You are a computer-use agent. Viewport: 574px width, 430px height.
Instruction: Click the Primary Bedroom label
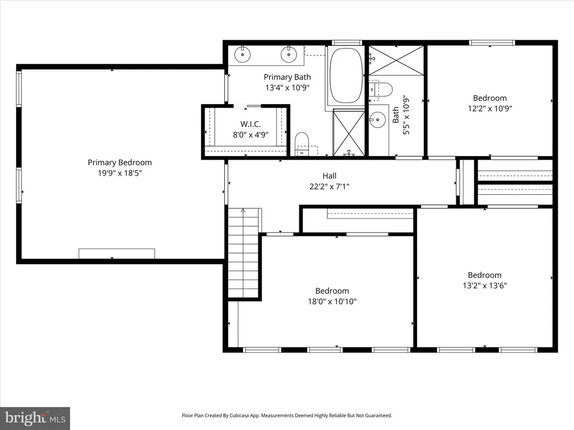120,163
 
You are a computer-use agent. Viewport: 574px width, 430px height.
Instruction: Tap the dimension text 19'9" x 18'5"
120,173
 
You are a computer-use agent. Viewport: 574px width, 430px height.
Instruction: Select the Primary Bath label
288,77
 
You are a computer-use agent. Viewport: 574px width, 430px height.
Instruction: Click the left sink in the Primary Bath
242,55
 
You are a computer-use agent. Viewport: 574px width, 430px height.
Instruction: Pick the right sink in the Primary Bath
289,55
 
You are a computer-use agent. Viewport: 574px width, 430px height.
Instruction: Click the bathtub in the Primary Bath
346,76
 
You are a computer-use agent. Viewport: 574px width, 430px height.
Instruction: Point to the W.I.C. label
251,124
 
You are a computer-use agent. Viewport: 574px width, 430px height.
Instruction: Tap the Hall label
330,176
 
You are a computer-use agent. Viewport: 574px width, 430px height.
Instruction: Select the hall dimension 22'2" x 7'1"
330,186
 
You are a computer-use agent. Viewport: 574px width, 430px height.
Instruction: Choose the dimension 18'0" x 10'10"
332,302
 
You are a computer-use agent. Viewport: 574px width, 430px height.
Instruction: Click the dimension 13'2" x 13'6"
485,286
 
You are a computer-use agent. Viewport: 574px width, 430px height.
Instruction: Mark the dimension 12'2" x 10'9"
490,109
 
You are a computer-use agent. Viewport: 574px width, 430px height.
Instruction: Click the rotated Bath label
396,115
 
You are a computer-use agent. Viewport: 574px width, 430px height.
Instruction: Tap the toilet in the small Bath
381,90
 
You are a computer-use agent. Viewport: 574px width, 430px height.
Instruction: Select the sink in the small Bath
377,120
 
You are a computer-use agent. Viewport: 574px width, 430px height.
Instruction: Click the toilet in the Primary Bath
302,143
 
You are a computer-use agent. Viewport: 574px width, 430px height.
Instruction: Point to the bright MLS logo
35,418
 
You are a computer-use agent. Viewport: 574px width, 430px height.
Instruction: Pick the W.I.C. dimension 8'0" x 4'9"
251,135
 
